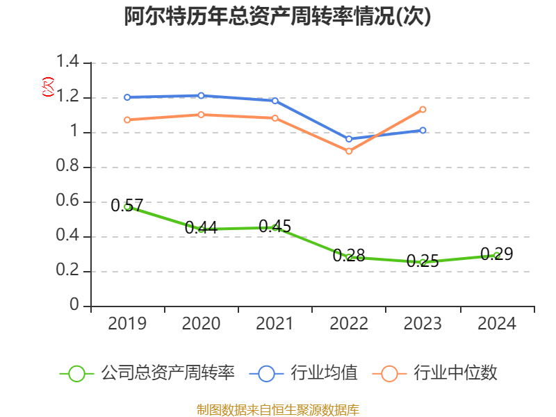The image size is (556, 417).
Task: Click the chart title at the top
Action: pyautogui.click(x=277, y=17)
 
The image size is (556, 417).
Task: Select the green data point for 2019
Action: pyautogui.click(x=127, y=206)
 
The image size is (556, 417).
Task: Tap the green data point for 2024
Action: pyautogui.click(x=496, y=255)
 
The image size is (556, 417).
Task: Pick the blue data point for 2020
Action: pyautogui.click(x=201, y=95)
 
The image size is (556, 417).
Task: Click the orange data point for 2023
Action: pyautogui.click(x=423, y=109)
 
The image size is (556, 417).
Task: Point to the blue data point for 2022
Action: pyautogui.click(x=349, y=139)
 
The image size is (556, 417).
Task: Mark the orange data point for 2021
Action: pyautogui.click(x=275, y=118)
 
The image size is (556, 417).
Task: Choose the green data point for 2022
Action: pyautogui.click(x=349, y=257)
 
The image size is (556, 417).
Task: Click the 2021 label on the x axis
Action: pyautogui.click(x=275, y=324)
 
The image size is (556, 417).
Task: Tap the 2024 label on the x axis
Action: pyautogui.click(x=496, y=324)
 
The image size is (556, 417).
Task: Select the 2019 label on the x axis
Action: pyautogui.click(x=127, y=324)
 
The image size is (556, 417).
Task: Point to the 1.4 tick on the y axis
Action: pyautogui.click(x=69, y=63)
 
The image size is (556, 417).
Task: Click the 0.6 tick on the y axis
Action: pyautogui.click(x=69, y=202)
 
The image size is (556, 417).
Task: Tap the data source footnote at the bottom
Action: pyautogui.click(x=277, y=409)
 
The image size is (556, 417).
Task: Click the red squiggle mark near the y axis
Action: pyautogui.click(x=48, y=87)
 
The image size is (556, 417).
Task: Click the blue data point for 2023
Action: pyautogui.click(x=423, y=130)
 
